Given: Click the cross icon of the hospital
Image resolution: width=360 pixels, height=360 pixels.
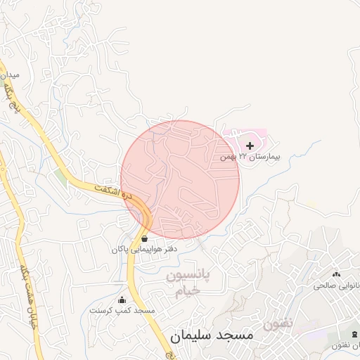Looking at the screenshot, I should tap(250, 146).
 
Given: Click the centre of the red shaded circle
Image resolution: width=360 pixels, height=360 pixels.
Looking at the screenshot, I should tap(180, 179).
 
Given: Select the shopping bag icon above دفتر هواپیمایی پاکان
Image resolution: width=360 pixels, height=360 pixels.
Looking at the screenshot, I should tap(144, 238).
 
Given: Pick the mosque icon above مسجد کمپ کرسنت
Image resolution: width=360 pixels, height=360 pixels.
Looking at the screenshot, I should tap(122, 300).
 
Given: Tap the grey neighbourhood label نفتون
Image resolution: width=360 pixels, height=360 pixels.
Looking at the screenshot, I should tap(278, 324).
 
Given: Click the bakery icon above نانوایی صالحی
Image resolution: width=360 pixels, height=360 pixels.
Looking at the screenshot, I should tap(335, 274).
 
